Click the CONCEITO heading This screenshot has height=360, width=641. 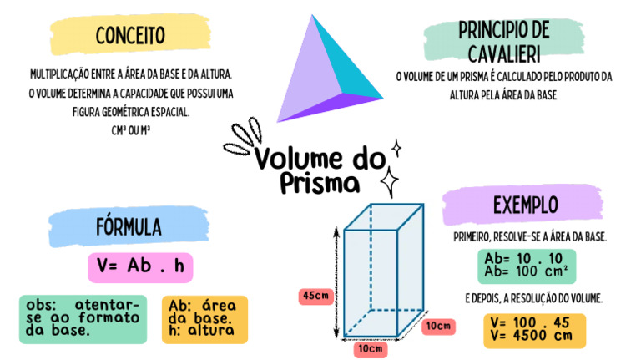(x=129, y=36)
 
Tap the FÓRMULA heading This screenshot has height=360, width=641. (x=128, y=227)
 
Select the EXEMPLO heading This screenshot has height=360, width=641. (x=526, y=205)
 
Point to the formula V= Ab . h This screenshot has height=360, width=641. (x=139, y=266)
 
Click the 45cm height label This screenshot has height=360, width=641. (x=315, y=296)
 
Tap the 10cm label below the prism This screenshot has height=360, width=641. (x=370, y=348)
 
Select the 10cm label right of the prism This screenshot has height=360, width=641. (x=438, y=325)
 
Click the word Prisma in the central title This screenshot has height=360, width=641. (x=320, y=182)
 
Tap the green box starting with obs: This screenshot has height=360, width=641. (x=83, y=318)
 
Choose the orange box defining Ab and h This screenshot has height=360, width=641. (x=202, y=318)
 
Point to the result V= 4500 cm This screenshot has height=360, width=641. (x=532, y=336)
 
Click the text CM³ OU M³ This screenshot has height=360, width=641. (x=129, y=130)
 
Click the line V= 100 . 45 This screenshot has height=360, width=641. (x=532, y=322)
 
